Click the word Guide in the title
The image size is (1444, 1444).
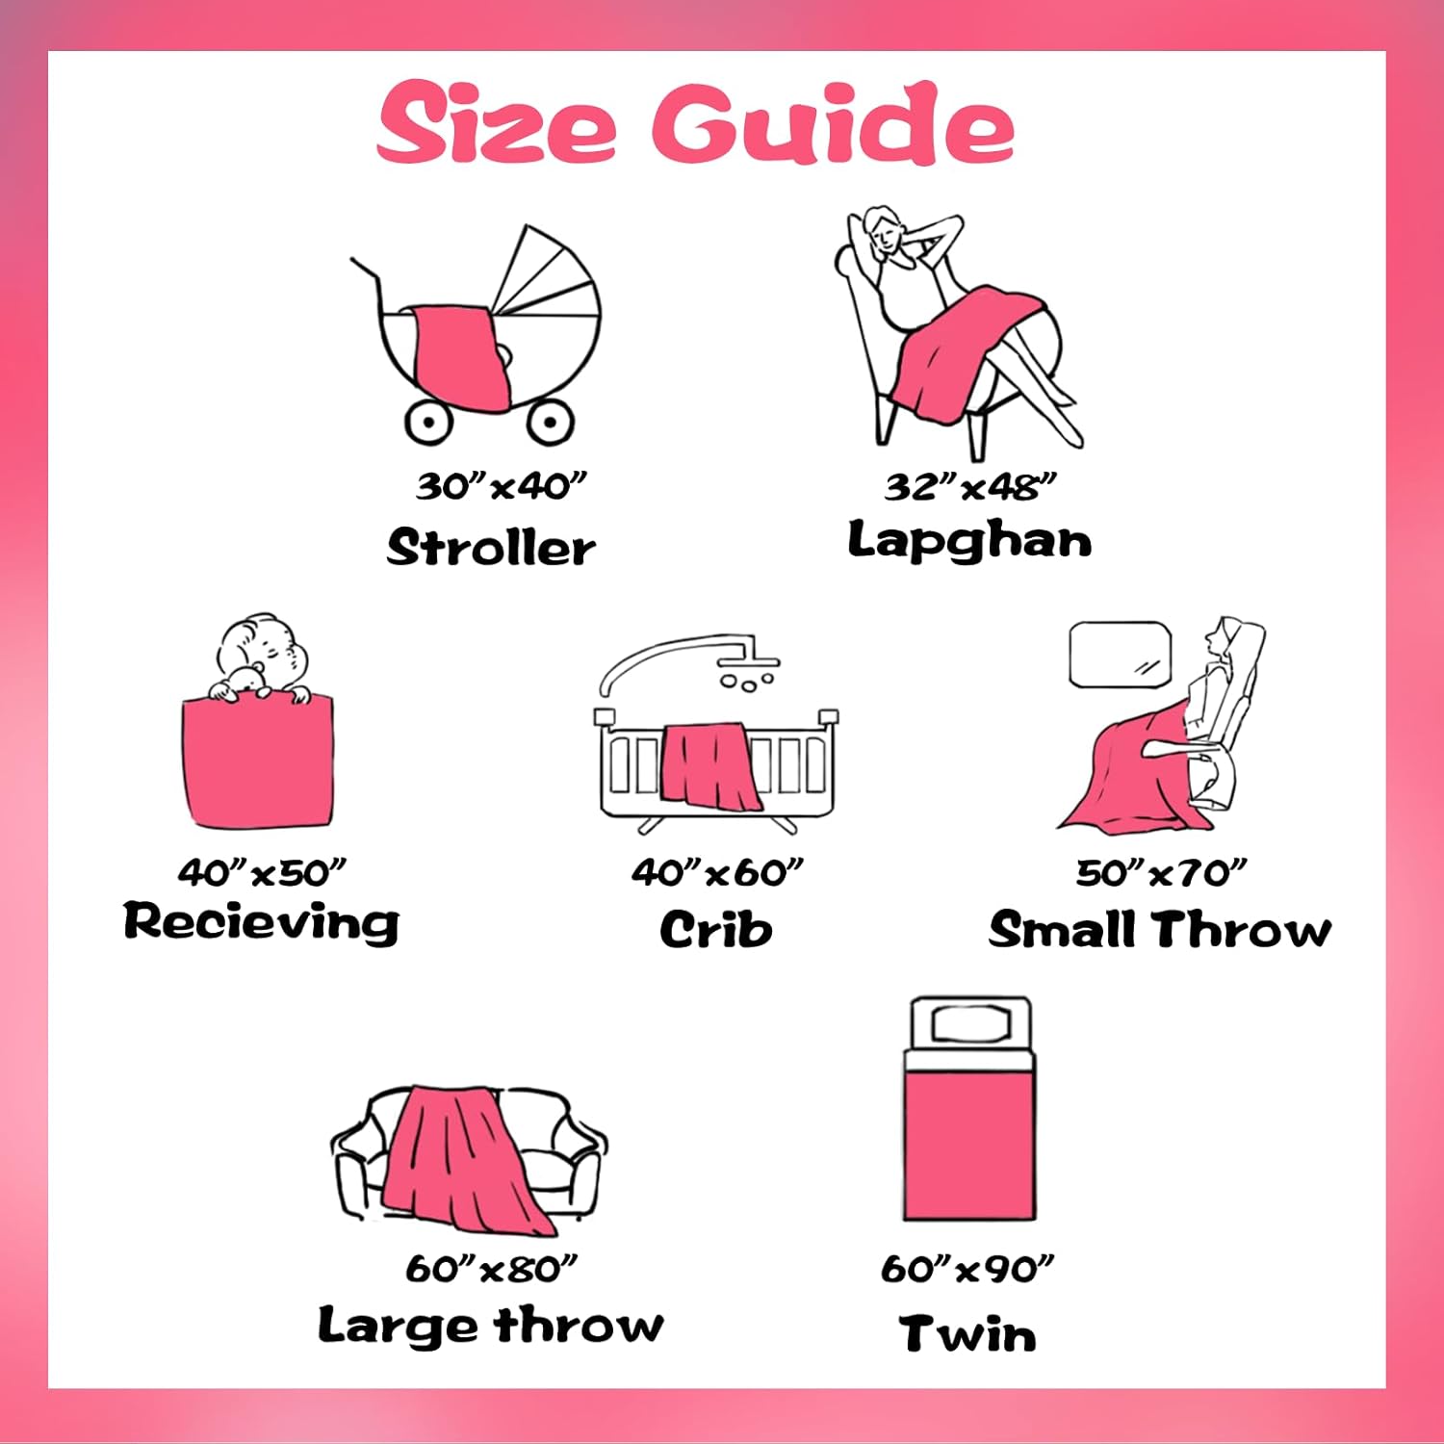[833, 123]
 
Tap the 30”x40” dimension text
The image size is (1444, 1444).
[501, 486]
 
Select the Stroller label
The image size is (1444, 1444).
[491, 548]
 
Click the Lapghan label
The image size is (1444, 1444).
[969, 541]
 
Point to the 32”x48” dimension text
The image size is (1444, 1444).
[970, 487]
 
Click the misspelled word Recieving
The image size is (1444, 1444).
[261, 922]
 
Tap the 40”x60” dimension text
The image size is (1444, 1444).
[717, 873]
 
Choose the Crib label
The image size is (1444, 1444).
[716, 930]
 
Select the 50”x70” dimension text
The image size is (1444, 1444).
[1161, 873]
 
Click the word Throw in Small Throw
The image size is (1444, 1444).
[1243, 930]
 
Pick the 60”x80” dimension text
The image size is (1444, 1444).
[491, 1269]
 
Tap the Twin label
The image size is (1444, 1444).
[968, 1334]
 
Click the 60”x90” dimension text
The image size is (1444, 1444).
[967, 1269]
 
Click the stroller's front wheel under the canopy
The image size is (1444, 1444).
[549, 422]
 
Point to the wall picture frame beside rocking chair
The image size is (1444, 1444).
[1121, 655]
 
